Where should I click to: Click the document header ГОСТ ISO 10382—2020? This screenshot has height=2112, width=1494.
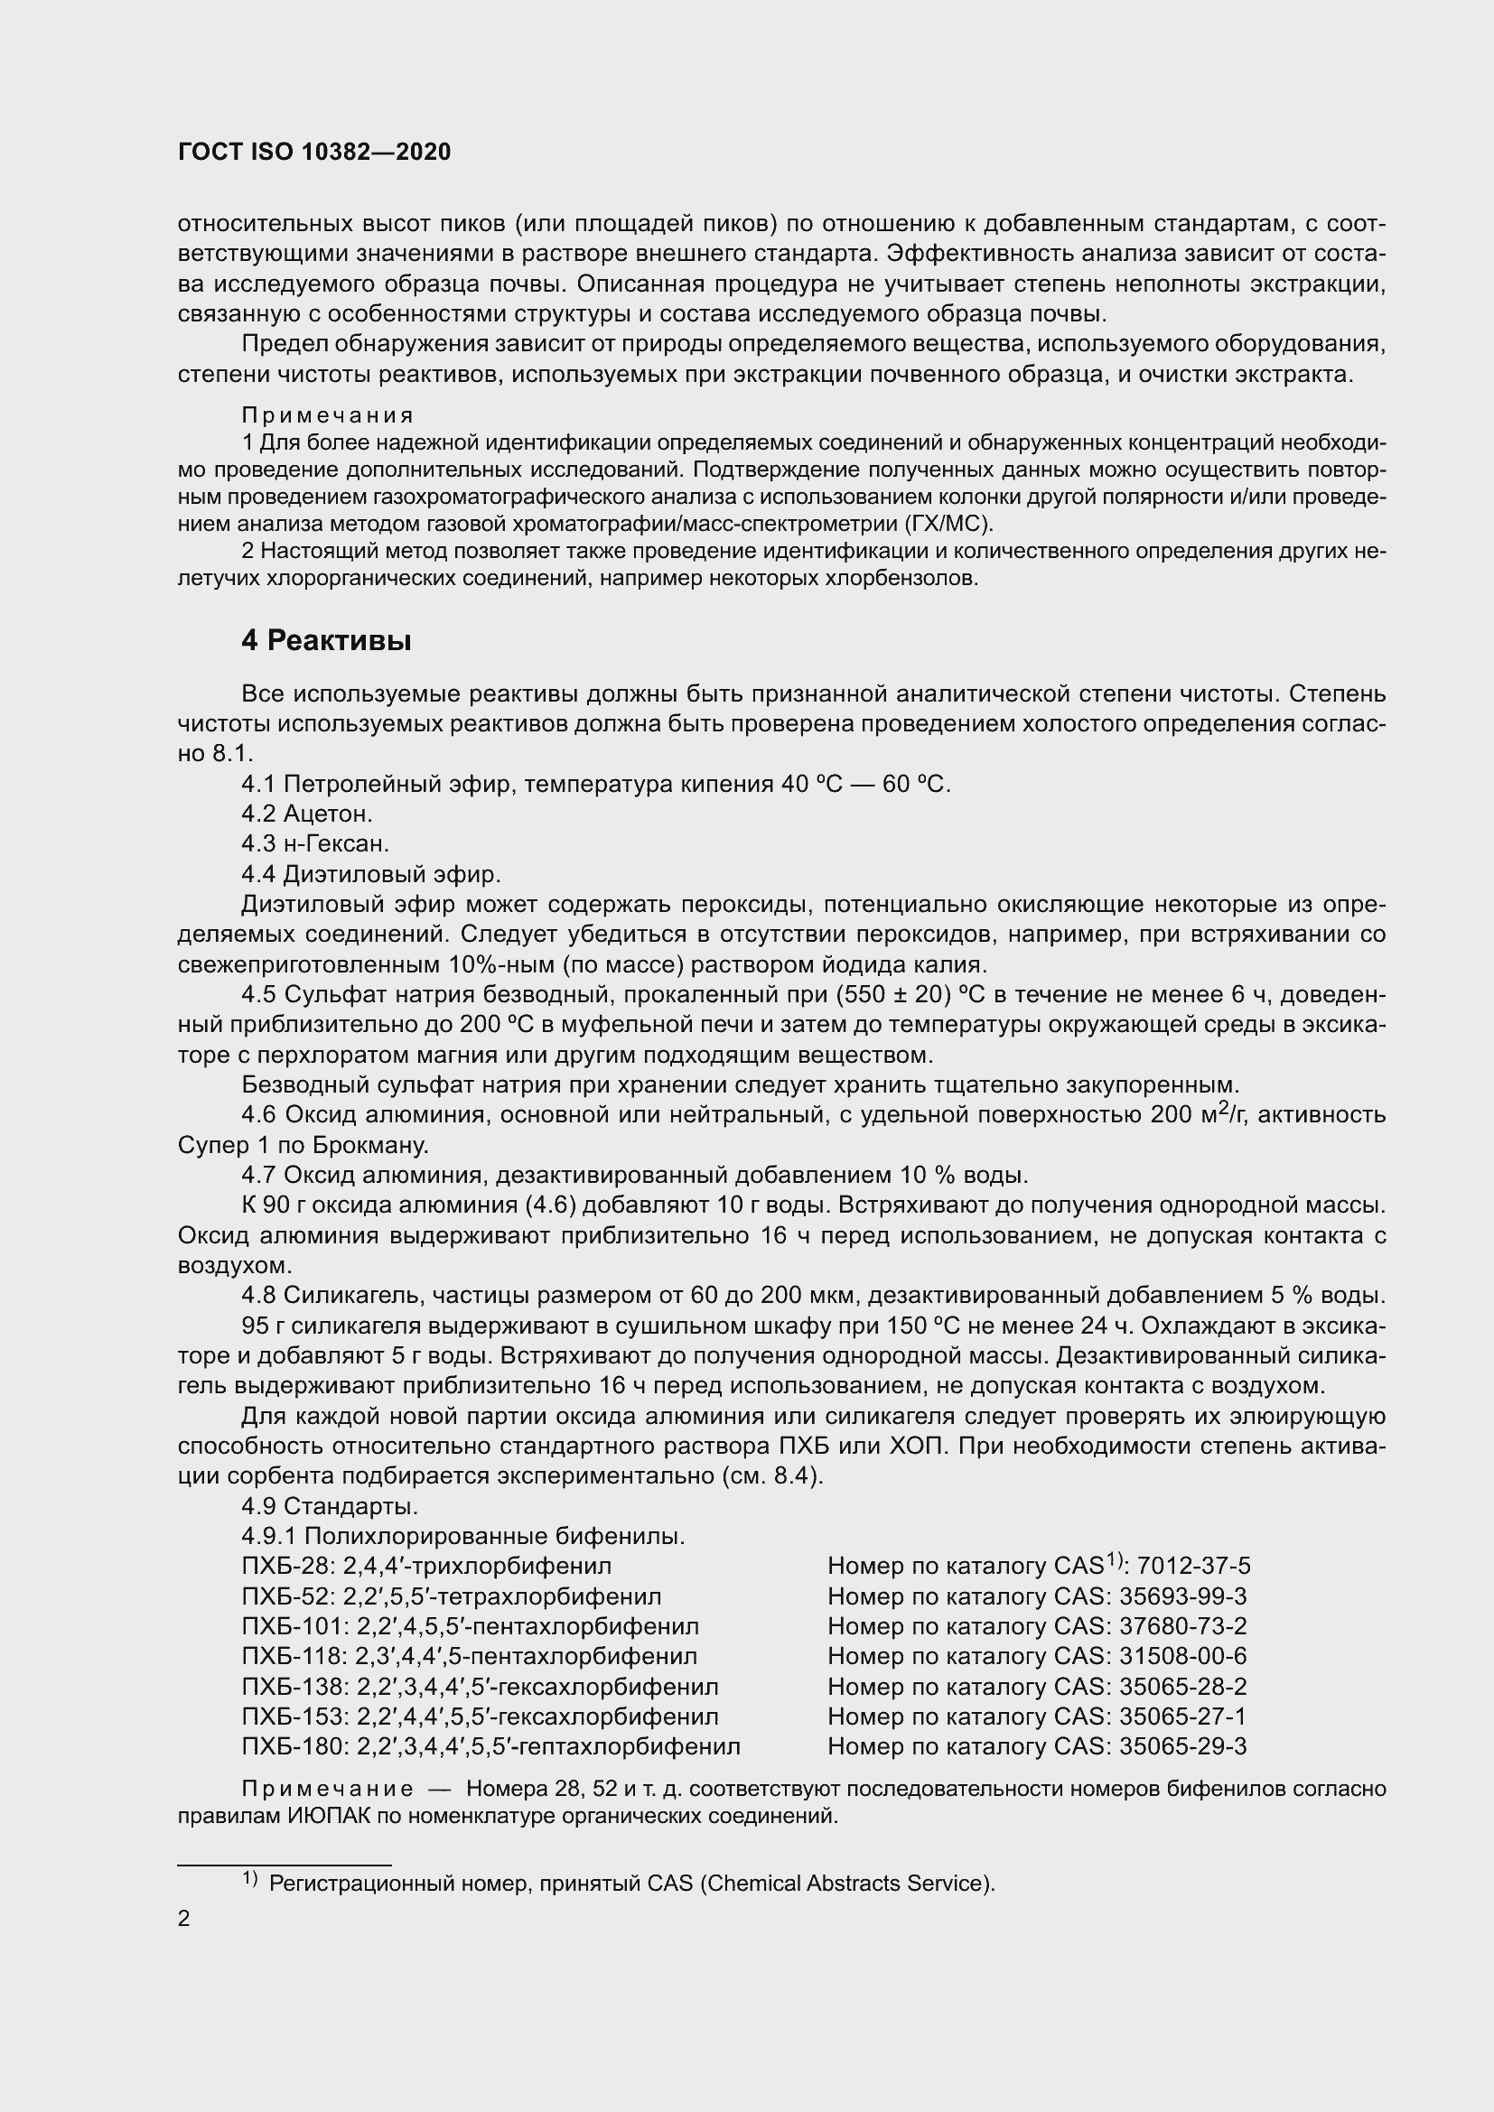pos(313,152)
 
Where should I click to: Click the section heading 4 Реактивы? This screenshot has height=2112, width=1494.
pos(326,640)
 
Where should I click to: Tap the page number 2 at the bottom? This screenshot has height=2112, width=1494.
pos(184,1919)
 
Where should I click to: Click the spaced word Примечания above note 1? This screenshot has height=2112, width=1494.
pos(328,415)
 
